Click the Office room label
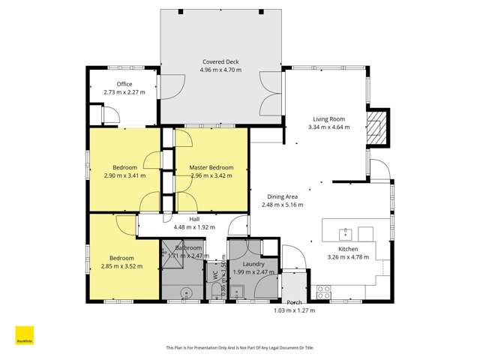pos(124,84)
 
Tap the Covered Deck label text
pos(220,61)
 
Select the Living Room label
pos(328,118)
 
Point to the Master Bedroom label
pos(211,167)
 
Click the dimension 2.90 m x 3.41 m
pos(124,175)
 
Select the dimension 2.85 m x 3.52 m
pos(121,265)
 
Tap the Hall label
pos(194,219)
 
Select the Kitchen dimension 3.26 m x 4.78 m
pos(348,257)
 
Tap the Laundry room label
pos(253,263)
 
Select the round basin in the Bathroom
pos(186,294)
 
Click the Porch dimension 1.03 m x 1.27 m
pos(293,310)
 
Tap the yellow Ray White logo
pos(25,334)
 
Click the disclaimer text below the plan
pos(239,347)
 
